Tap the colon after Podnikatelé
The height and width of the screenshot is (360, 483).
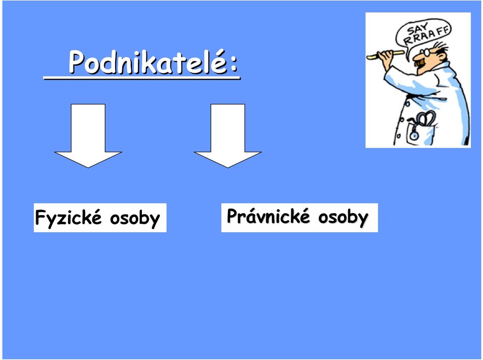click(x=234, y=63)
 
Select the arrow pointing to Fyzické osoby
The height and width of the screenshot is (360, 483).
click(x=88, y=135)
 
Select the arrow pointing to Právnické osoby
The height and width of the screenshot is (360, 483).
click(x=227, y=135)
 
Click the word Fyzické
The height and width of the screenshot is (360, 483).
click(x=68, y=218)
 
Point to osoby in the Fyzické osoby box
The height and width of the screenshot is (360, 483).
click(x=135, y=218)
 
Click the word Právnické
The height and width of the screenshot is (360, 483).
click(x=268, y=216)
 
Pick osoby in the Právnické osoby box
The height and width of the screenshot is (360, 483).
click(x=343, y=217)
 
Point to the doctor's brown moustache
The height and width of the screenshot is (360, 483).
click(x=420, y=63)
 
